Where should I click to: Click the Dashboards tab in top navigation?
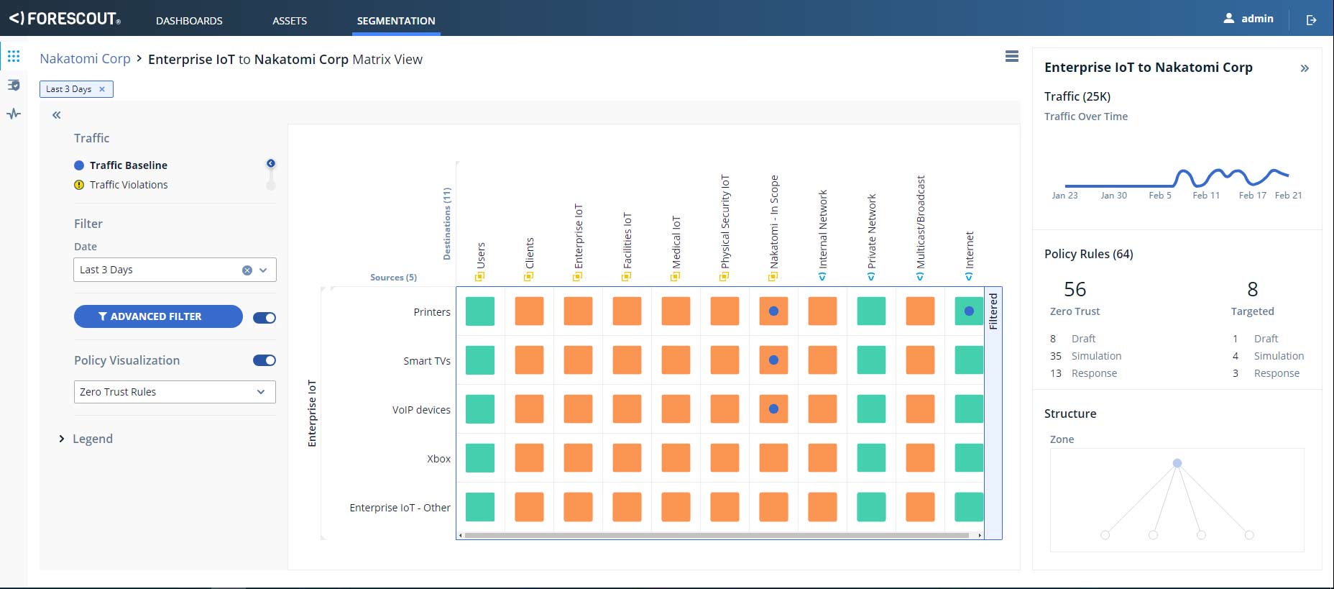pyautogui.click(x=189, y=21)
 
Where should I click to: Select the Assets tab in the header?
pyautogui.click(x=290, y=21)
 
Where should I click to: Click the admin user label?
pyautogui.click(x=1257, y=19)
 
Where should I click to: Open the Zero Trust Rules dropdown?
pyautogui.click(x=175, y=392)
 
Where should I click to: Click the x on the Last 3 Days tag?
pyautogui.click(x=102, y=89)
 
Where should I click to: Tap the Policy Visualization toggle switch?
pyautogui.click(x=264, y=360)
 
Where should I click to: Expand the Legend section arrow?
pyautogui.click(x=62, y=439)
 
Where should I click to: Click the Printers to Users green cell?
pyautogui.click(x=480, y=311)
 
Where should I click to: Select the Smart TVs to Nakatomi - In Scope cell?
pyautogui.click(x=773, y=360)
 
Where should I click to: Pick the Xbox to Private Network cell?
pyautogui.click(x=871, y=458)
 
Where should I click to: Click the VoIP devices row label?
pyautogui.click(x=421, y=410)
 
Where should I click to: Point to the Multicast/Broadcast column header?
pyautogui.click(x=921, y=222)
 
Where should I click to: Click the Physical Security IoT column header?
pyautogui.click(x=725, y=222)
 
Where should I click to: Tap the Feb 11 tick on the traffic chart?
pyautogui.click(x=1206, y=195)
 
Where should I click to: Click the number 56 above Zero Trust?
pyautogui.click(x=1075, y=289)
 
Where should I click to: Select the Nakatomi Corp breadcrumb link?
pyautogui.click(x=85, y=59)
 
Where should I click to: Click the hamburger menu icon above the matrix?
pyautogui.click(x=1012, y=56)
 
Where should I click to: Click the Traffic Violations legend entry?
pyautogui.click(x=128, y=185)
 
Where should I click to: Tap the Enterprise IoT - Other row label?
pyautogui.click(x=400, y=508)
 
